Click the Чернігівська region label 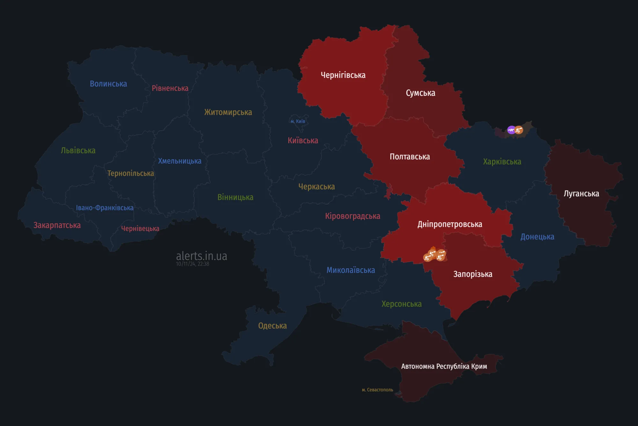click(343, 75)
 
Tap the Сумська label click(420, 93)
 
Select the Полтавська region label click(410, 157)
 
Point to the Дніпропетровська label click(450, 224)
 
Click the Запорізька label click(473, 274)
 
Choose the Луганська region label click(581, 194)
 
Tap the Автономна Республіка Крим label click(444, 366)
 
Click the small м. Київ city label click(298, 121)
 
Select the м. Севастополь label click(377, 390)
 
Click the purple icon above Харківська click(511, 130)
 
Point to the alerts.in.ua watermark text click(201, 256)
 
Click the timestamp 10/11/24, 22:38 click(192, 264)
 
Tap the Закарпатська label click(57, 225)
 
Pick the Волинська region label click(108, 84)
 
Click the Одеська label click(272, 326)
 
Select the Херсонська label click(401, 304)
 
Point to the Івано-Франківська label click(105, 208)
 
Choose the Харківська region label click(502, 162)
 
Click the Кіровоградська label click(352, 216)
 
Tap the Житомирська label click(228, 112)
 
